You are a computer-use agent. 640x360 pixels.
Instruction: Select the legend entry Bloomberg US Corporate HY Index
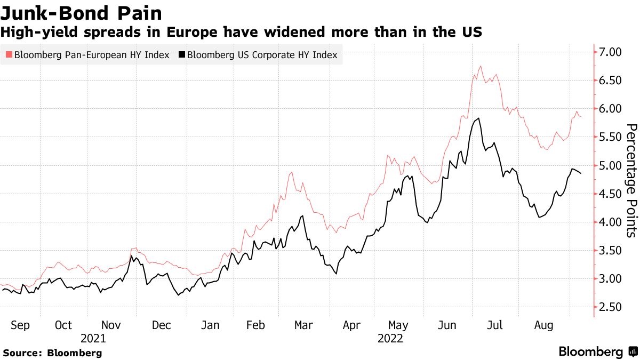[258, 54]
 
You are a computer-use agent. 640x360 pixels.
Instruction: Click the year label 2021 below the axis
[93, 339]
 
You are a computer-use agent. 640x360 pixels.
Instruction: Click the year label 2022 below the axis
[390, 339]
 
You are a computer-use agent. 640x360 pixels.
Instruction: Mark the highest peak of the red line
[481, 66]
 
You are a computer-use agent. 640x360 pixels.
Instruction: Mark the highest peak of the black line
[479, 118]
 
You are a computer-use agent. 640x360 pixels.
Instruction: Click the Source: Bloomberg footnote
[52, 353]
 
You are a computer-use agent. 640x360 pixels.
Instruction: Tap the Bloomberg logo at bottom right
[597, 352]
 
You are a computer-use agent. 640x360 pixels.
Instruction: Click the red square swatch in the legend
[9, 54]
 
